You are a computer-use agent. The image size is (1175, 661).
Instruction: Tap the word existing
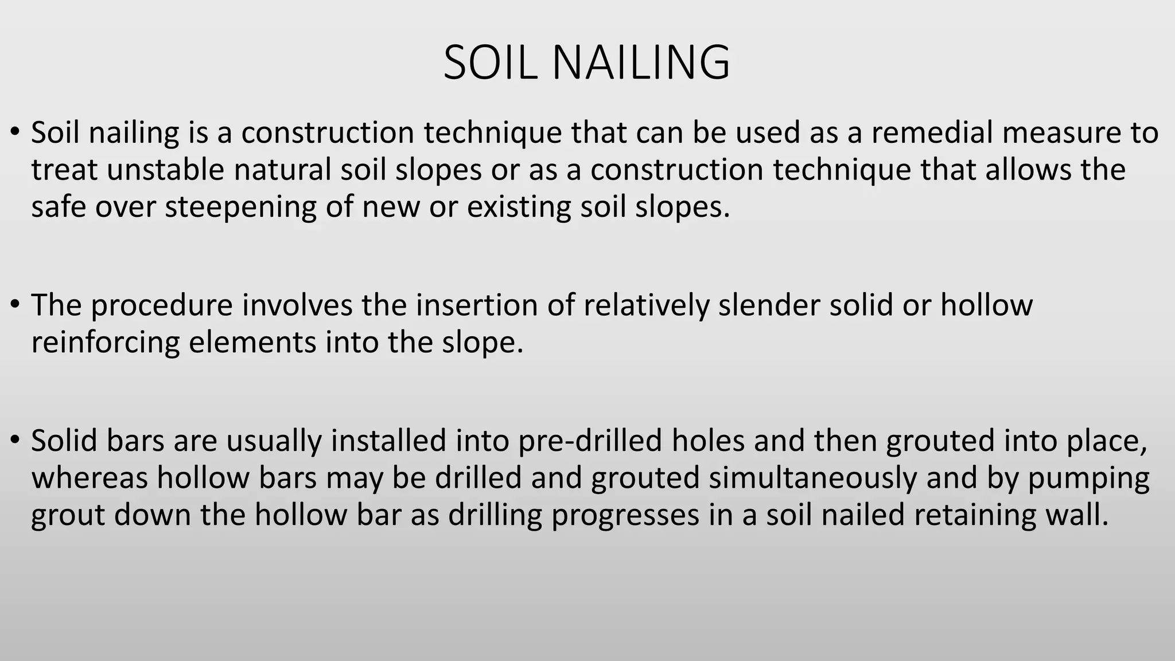519,207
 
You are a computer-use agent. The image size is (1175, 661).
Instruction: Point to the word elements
252,343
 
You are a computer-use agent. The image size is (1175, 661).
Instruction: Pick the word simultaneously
812,479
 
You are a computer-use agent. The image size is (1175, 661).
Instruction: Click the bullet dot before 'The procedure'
15,304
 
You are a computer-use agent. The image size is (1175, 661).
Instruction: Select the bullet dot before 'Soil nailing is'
15,131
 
